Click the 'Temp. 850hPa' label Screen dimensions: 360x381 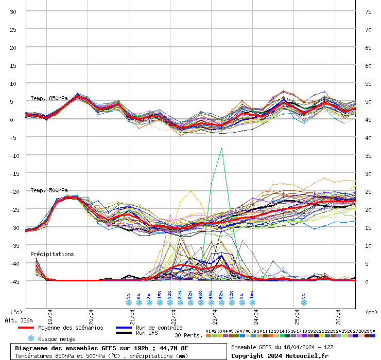point(49,98)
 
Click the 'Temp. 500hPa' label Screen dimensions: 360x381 point(49,190)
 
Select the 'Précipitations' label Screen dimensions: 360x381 point(52,254)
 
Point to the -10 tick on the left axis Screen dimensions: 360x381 point(14,155)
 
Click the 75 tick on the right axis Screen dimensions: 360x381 point(368,11)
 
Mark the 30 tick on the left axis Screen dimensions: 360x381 point(13,11)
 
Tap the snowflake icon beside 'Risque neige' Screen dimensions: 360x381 point(31,338)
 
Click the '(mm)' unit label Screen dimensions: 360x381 point(372,312)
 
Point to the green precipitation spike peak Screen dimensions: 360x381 point(222,148)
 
